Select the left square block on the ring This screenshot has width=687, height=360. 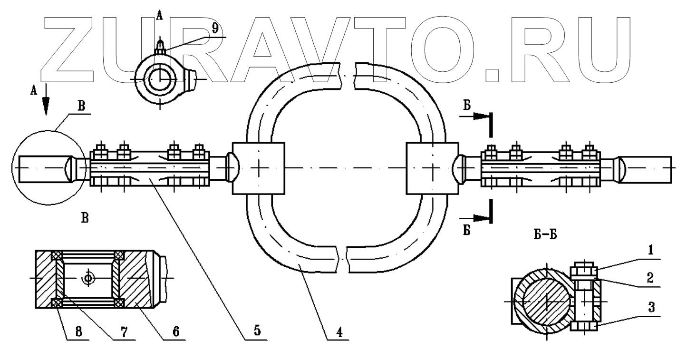(x=258, y=168)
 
